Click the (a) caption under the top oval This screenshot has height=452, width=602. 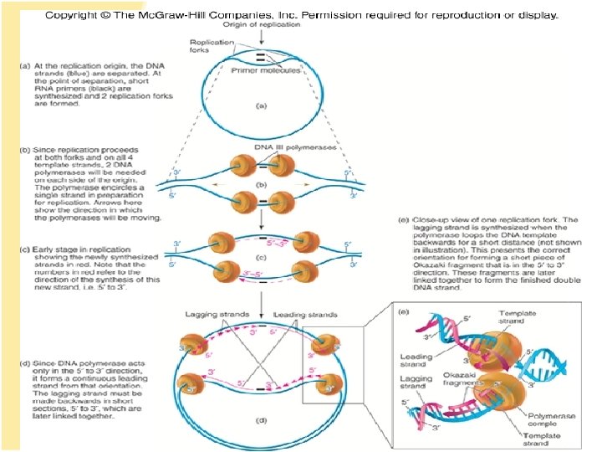tap(262, 107)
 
